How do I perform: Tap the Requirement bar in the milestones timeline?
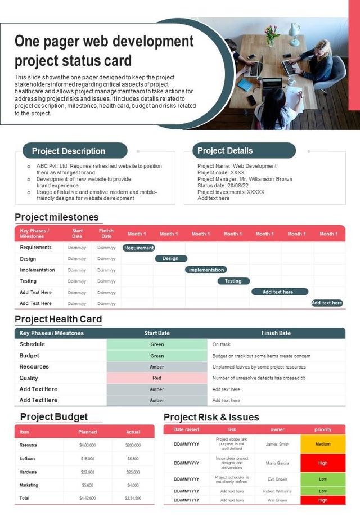[x=138, y=248]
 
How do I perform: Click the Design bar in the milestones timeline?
[x=170, y=258]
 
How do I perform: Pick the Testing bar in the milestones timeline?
[x=233, y=281]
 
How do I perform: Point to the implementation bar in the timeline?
[x=206, y=270]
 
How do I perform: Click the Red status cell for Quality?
[x=157, y=378]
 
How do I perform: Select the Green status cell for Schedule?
[x=157, y=344]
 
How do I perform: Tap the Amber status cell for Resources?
[x=157, y=367]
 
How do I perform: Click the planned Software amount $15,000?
[x=88, y=459]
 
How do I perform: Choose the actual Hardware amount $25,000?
[x=133, y=472]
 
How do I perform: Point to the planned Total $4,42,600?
[x=88, y=498]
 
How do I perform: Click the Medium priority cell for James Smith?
[x=323, y=444]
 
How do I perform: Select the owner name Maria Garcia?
[x=277, y=463]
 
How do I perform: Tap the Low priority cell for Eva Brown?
[x=323, y=479]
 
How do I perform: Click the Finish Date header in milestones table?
[x=106, y=234]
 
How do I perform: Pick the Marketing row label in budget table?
[x=29, y=485]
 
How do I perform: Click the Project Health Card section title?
[x=58, y=319]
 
